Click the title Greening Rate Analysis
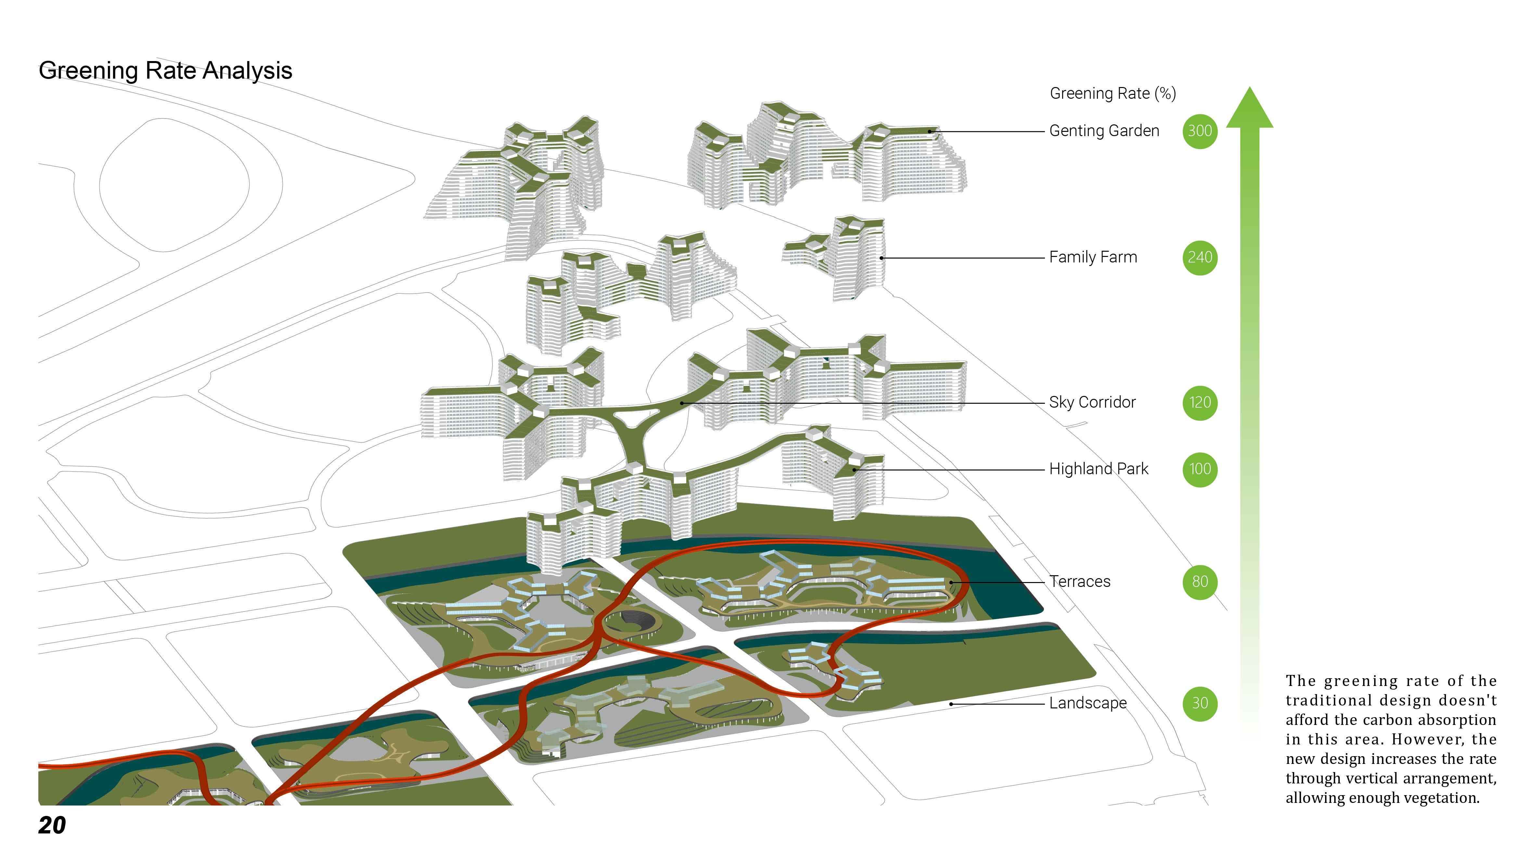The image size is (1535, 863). (165, 70)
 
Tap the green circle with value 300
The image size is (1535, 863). (1200, 131)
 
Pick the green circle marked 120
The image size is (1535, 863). (1200, 403)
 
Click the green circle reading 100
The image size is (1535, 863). (1200, 469)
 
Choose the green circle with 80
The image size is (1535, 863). (1200, 582)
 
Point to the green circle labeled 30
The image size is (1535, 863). (1200, 704)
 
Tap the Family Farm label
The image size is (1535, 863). (1093, 257)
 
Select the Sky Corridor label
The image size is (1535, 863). (1092, 403)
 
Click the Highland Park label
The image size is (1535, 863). (1098, 469)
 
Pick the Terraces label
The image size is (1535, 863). (1080, 582)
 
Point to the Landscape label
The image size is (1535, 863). (1088, 704)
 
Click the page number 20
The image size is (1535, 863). (52, 825)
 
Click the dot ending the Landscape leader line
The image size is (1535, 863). (951, 704)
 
